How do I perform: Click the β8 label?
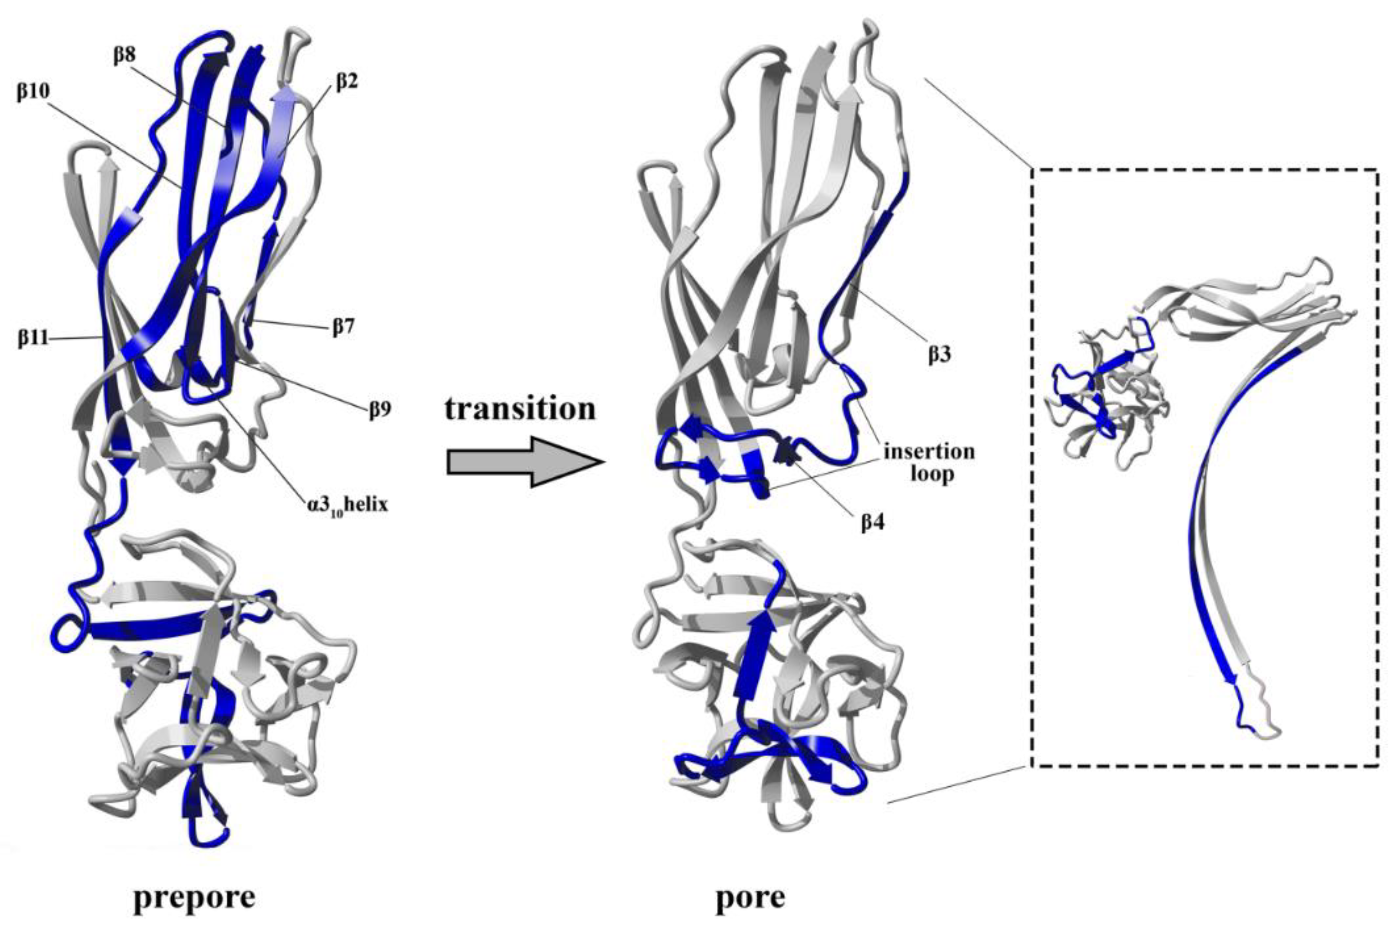tap(124, 55)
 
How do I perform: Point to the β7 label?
tap(342, 326)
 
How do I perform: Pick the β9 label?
tap(379, 410)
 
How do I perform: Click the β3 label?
tap(940, 354)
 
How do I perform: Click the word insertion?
tap(929, 452)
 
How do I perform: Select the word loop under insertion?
tap(932, 474)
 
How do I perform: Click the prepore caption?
tap(194, 898)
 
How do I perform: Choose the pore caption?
tap(750, 898)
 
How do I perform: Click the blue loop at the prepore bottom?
tap(208, 839)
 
